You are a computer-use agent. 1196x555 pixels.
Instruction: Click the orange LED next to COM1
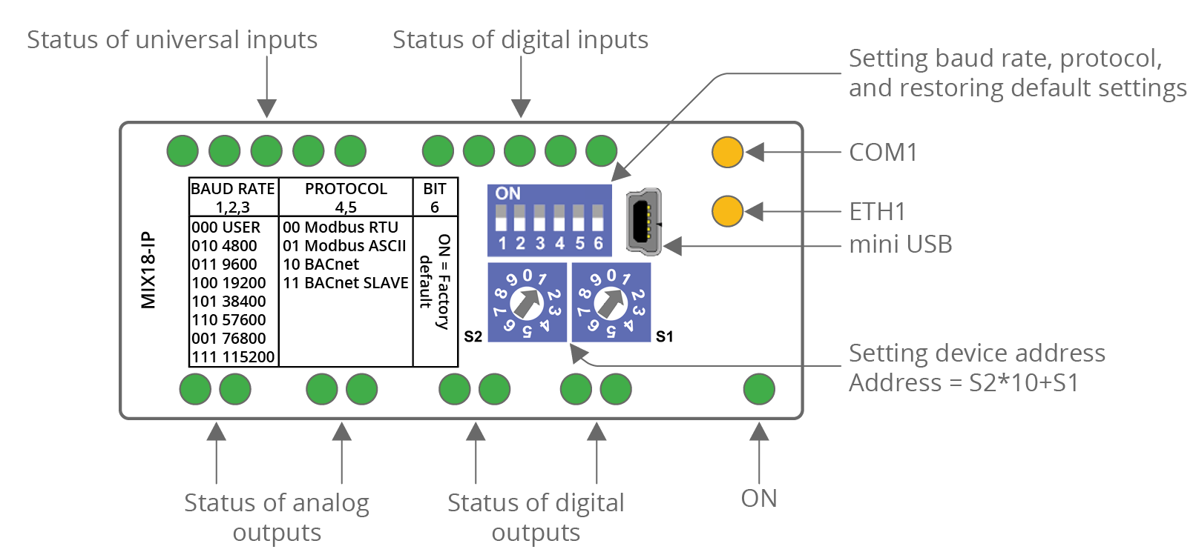tap(727, 152)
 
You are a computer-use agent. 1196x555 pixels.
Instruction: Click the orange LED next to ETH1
tap(727, 211)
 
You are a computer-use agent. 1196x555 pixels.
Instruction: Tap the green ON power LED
tap(758, 389)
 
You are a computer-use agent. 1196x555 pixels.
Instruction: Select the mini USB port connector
tap(643, 221)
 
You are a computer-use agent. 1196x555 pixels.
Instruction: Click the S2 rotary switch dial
tap(527, 302)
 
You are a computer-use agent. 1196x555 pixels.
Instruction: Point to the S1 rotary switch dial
tap(611, 302)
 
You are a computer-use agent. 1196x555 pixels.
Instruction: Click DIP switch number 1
tap(502, 219)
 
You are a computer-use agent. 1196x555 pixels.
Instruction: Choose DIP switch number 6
tap(598, 219)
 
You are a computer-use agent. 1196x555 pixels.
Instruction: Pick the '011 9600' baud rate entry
tap(224, 265)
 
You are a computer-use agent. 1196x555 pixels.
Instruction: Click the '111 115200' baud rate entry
tap(233, 357)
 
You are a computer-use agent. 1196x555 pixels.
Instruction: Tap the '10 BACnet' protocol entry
tap(321, 265)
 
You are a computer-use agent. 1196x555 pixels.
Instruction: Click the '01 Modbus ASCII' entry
tap(344, 246)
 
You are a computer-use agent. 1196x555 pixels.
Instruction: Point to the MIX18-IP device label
tap(148, 270)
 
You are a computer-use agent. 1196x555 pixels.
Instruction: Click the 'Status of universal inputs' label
tap(172, 40)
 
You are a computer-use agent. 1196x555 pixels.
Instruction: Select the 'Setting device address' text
tap(976, 353)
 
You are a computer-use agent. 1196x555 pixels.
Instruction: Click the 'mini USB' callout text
tap(900, 245)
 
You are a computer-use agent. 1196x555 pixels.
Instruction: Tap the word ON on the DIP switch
tap(508, 193)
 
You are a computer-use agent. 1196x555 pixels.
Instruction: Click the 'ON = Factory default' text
tap(435, 282)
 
